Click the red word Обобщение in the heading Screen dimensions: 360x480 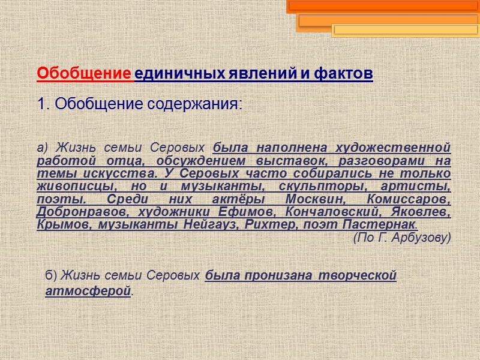(84, 74)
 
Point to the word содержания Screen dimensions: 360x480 (195, 104)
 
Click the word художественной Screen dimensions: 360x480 (393, 147)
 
